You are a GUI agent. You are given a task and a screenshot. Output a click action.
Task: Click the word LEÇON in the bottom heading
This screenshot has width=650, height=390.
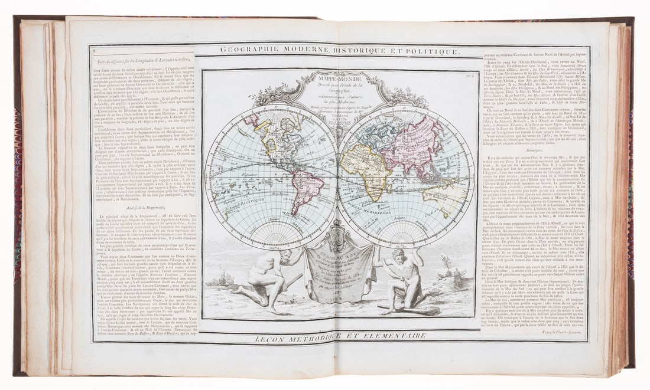[272, 337]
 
